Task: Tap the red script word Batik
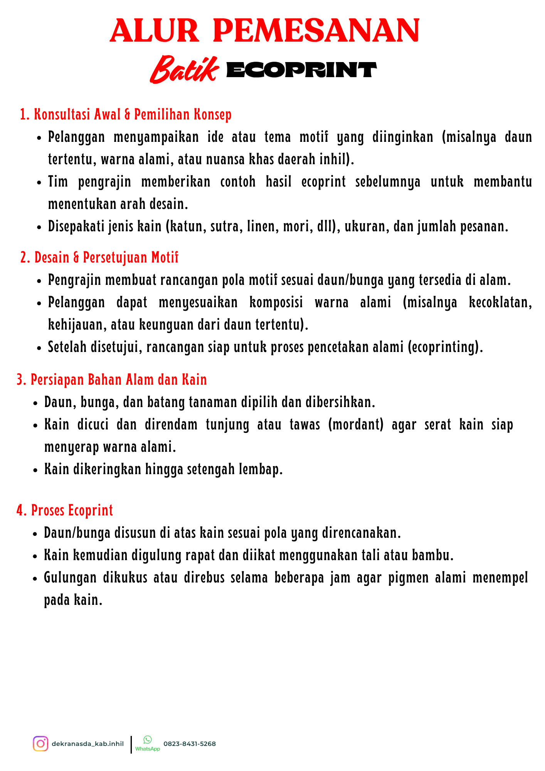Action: point(184,70)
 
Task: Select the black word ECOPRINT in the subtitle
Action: point(301,70)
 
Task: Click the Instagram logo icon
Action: point(40,744)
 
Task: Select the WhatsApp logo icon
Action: point(148,739)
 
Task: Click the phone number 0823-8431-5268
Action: point(190,744)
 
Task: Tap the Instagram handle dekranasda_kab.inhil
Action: point(87,744)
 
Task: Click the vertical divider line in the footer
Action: point(131,744)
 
